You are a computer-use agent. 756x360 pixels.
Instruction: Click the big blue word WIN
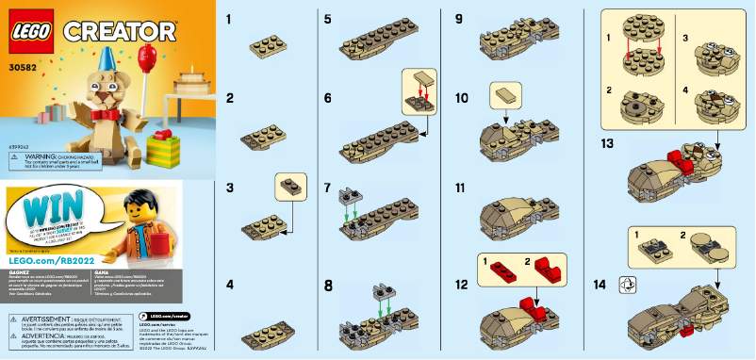point(47,211)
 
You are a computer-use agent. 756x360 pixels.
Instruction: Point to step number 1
point(229,19)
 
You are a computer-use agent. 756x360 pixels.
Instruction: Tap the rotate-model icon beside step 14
point(623,282)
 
